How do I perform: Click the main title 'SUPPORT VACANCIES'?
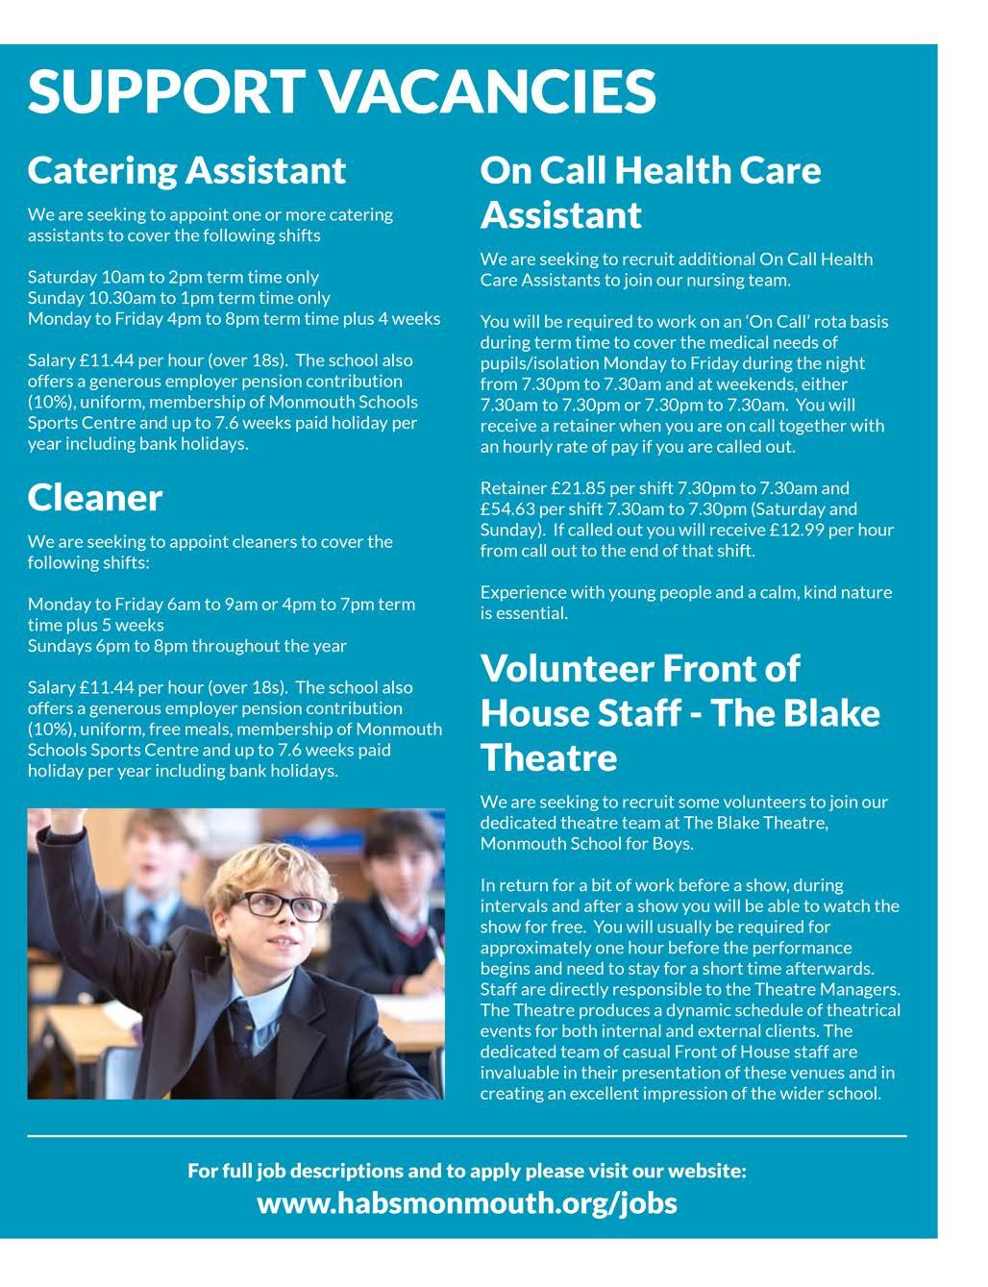pos(341,90)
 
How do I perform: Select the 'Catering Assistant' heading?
pos(186,170)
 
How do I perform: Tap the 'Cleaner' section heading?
pos(95,498)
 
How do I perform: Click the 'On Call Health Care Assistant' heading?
pos(651,192)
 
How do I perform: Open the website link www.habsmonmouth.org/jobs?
pos(466,1202)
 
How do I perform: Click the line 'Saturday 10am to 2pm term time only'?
pos(173,277)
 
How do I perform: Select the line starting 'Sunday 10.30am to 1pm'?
pos(179,298)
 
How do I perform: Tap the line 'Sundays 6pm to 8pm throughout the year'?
pos(187,646)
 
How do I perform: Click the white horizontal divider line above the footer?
pos(466,1136)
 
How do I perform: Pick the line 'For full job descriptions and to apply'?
pos(466,1171)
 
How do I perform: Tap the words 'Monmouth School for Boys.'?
pos(586,844)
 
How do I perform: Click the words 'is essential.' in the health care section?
pos(524,613)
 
